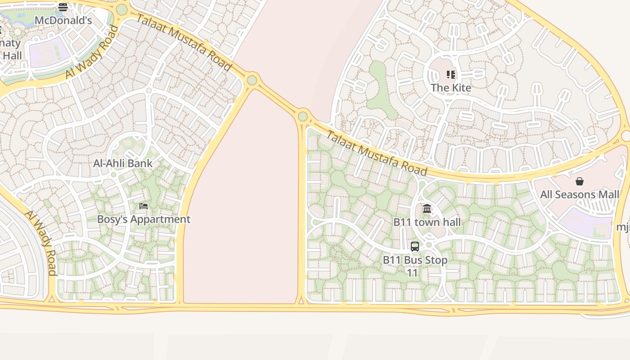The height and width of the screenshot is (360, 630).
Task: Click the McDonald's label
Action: pos(63,20)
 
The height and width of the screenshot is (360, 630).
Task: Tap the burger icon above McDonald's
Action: pos(63,7)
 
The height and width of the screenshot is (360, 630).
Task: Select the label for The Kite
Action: pos(451,88)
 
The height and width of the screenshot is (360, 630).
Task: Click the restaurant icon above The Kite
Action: pos(451,75)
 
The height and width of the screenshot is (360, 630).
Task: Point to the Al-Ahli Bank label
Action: pos(123,163)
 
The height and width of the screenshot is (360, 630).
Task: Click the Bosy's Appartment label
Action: pos(144,220)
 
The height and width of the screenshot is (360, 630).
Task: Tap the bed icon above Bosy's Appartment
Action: pos(144,206)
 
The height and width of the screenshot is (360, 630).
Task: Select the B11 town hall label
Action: pos(427,222)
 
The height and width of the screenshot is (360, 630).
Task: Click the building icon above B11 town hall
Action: pos(427,209)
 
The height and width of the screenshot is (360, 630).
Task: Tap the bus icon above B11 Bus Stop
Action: pos(415,247)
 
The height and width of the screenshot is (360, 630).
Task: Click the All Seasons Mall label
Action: pos(580,195)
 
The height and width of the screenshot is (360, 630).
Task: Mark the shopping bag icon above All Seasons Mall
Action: pos(580,181)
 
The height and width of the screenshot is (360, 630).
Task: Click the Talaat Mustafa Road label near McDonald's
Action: pos(184,43)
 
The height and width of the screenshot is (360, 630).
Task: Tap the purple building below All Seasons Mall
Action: pos(585,224)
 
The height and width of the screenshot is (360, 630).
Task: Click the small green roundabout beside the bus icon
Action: pos(429,245)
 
